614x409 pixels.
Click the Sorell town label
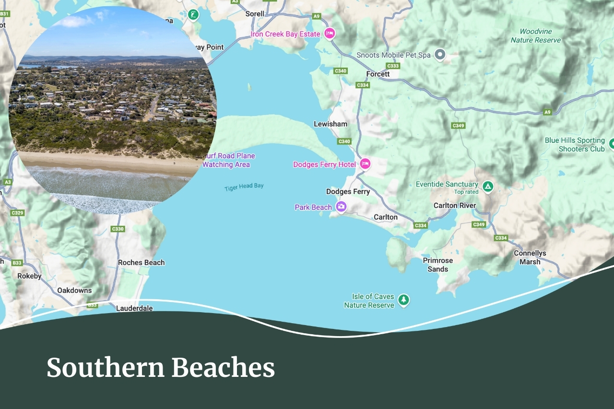click(x=255, y=14)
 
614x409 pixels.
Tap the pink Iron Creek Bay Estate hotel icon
click(x=329, y=33)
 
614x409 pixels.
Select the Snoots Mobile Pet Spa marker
click(x=440, y=55)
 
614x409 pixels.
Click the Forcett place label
click(x=378, y=74)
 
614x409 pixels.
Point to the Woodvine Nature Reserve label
click(x=535, y=36)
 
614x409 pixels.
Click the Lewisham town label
click(x=330, y=124)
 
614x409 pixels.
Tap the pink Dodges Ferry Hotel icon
click(x=365, y=164)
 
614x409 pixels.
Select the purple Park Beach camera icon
click(x=341, y=207)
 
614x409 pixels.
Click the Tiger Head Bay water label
click(x=244, y=187)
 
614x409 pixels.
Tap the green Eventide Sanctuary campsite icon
click(x=488, y=187)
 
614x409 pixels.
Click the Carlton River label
click(x=454, y=206)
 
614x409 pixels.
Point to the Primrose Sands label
click(x=437, y=265)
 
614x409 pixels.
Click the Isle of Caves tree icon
click(x=404, y=300)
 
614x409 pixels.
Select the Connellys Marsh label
click(x=530, y=257)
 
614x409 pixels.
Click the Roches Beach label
click(x=141, y=263)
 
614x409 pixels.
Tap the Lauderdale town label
click(x=134, y=308)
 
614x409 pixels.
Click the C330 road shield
click(x=118, y=229)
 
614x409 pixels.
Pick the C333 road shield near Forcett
click(x=393, y=66)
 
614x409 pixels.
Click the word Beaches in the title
click(x=223, y=368)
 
